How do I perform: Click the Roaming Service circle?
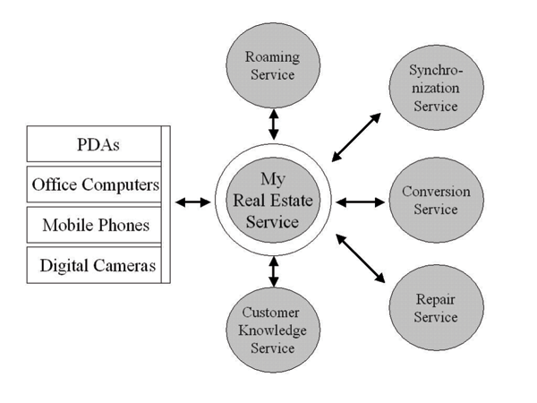click(x=273, y=64)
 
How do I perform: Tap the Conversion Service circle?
click(x=436, y=201)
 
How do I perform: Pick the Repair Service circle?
click(x=436, y=307)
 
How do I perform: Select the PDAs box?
click(x=95, y=144)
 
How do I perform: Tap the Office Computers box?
click(x=95, y=185)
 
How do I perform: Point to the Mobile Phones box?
click(x=95, y=225)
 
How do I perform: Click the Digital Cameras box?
click(x=95, y=265)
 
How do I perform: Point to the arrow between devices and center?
click(x=192, y=202)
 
